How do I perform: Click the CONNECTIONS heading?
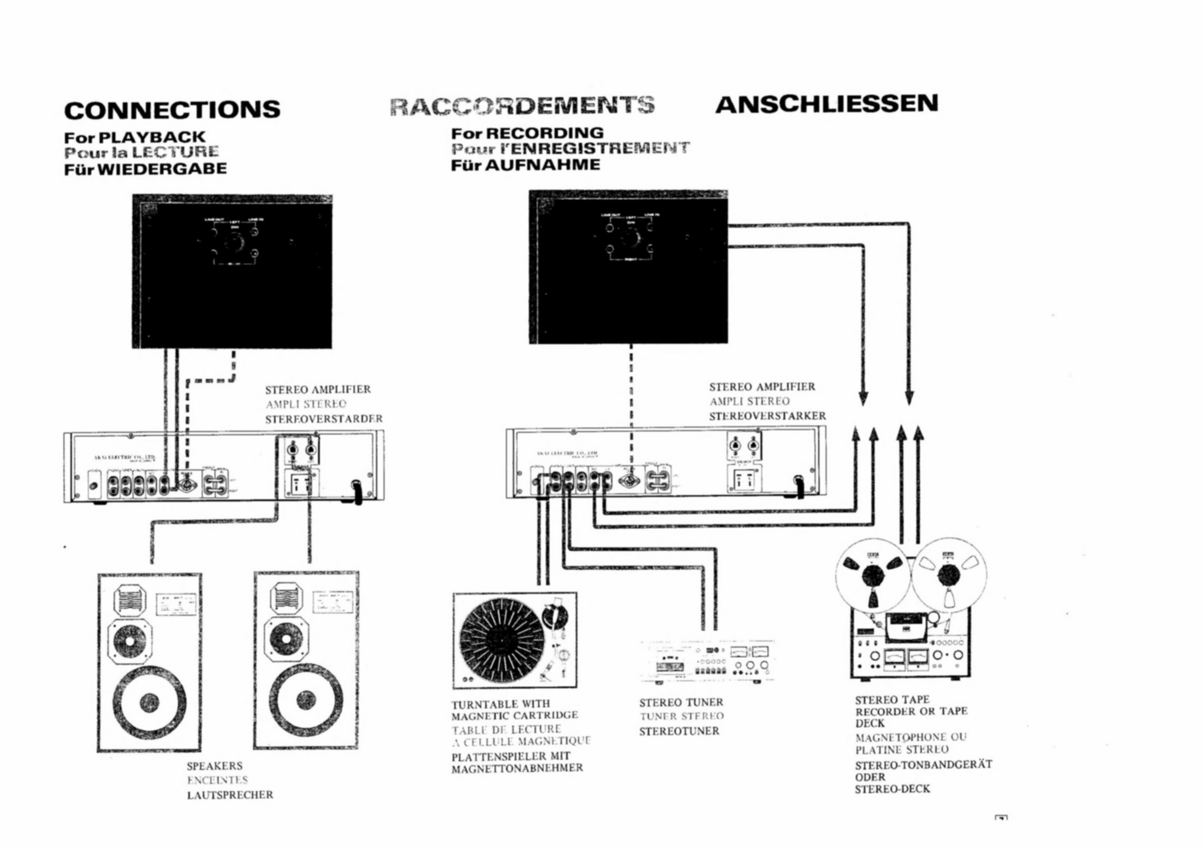172,110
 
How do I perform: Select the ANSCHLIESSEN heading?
826,103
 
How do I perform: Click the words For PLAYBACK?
135,137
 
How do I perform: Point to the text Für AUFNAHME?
526,165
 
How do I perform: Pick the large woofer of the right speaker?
306,700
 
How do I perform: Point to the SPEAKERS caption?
215,766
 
